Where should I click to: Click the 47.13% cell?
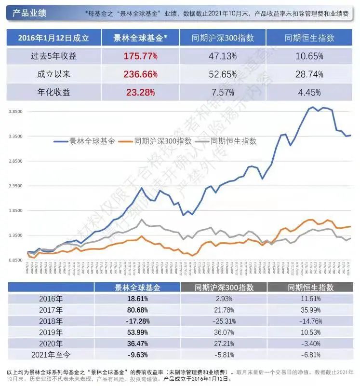pos(223,56)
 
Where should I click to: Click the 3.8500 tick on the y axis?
pos(16,111)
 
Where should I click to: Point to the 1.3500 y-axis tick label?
pos(16,235)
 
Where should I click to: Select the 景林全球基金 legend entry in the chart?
pos(87,141)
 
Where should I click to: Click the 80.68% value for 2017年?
pos(137,309)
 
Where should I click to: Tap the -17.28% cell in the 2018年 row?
pos(137,321)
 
